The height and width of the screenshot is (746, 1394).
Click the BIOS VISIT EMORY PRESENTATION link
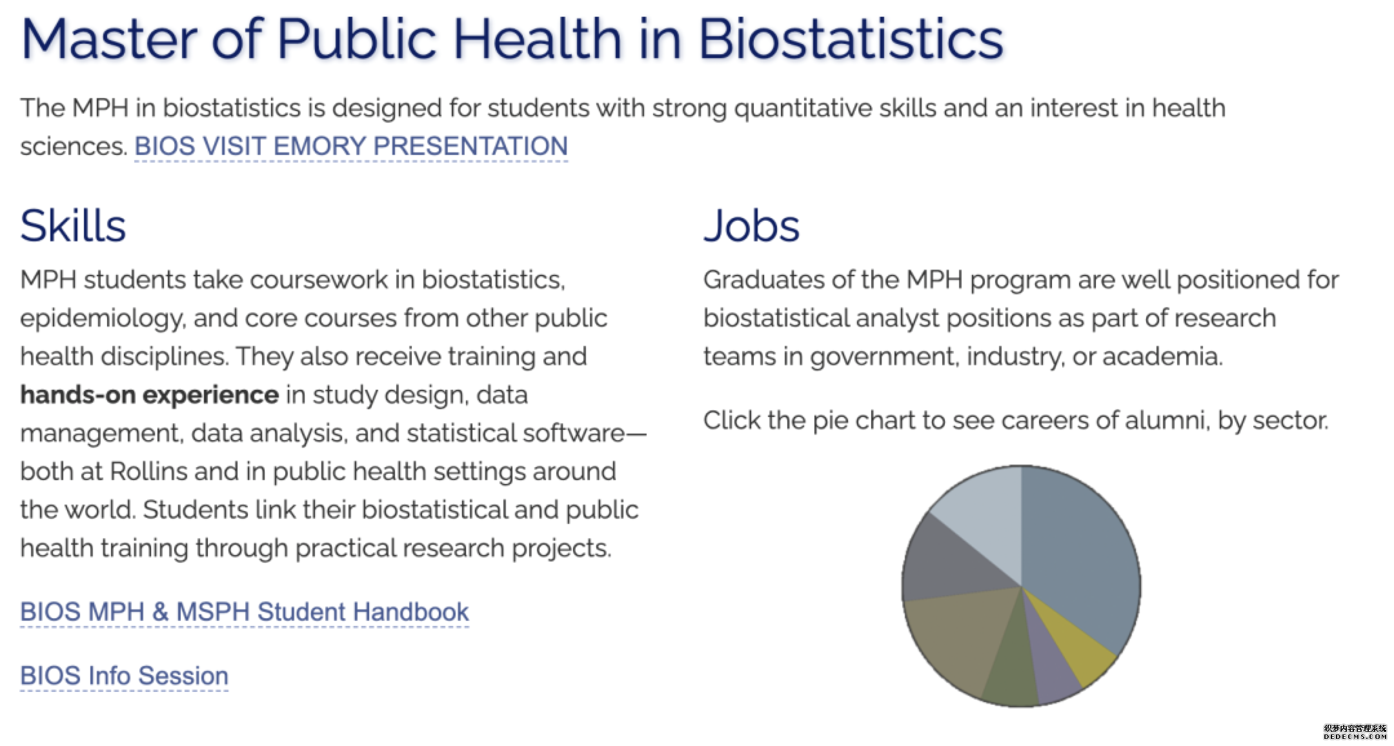[x=351, y=146]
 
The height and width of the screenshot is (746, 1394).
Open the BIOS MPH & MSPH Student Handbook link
[x=245, y=612]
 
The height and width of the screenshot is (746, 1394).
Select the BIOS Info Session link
[x=124, y=676]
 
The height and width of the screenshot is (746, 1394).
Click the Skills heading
[x=73, y=226]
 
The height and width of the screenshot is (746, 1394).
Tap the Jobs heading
[x=751, y=226]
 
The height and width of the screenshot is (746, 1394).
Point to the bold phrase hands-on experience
[x=149, y=394]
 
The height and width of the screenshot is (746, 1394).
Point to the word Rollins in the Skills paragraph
[x=148, y=471]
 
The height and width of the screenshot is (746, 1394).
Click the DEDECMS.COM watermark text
[x=1355, y=736]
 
